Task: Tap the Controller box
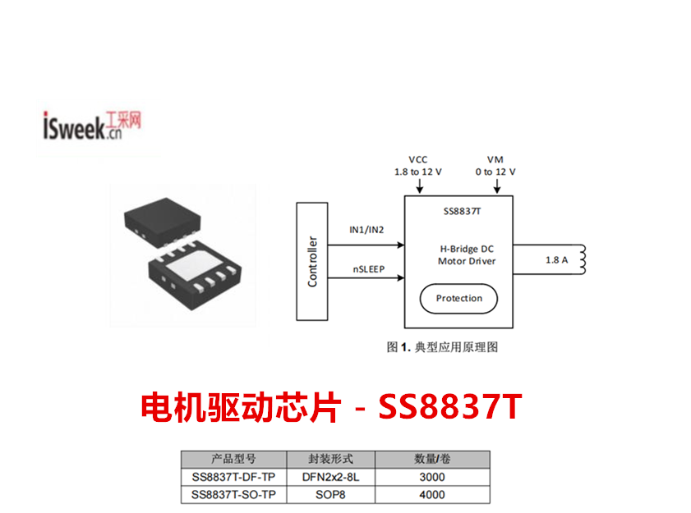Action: pyautogui.click(x=311, y=262)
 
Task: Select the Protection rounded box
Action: pyautogui.click(x=458, y=298)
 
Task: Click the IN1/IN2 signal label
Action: pyautogui.click(x=366, y=231)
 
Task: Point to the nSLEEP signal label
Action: pyautogui.click(x=367, y=268)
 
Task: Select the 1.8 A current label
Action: pyautogui.click(x=556, y=260)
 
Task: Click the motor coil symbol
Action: pyautogui.click(x=584, y=259)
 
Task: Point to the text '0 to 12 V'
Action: pyautogui.click(x=495, y=172)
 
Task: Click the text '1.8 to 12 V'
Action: pyautogui.click(x=417, y=172)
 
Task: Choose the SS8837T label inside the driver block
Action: pyautogui.click(x=458, y=211)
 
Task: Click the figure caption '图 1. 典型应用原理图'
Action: pyautogui.click(x=442, y=347)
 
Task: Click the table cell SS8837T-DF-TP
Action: pyautogui.click(x=233, y=477)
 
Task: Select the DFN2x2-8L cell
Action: pyautogui.click(x=330, y=477)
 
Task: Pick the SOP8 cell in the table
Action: pyautogui.click(x=330, y=494)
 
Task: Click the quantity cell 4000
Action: pyautogui.click(x=431, y=494)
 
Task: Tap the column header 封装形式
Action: pyautogui.click(x=330, y=459)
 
